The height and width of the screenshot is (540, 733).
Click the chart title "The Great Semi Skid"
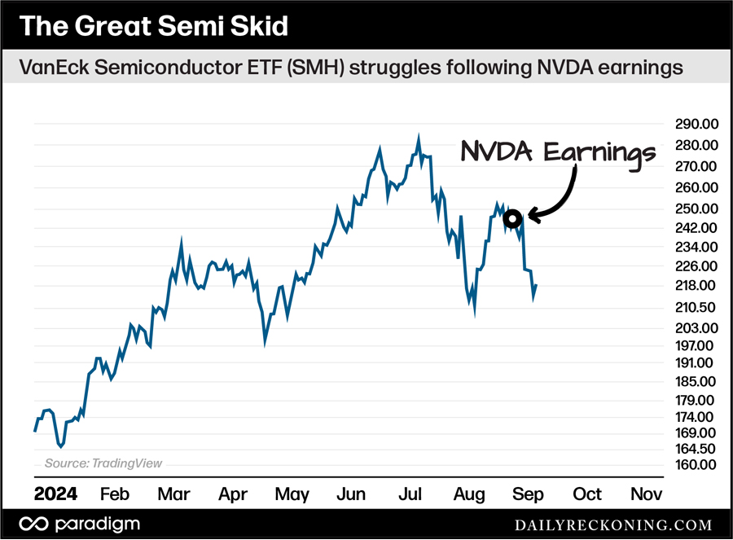153,26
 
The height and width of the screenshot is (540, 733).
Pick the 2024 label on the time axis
56,494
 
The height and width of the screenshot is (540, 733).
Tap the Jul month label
412,494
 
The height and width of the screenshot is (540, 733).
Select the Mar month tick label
173,494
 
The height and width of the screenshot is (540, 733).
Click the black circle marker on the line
512,218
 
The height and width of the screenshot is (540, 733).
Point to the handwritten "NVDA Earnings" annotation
558,152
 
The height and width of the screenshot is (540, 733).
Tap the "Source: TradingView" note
103,463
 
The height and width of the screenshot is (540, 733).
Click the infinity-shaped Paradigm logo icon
33,524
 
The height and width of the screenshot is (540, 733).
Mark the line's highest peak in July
419,137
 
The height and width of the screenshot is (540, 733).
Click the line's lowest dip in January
61,446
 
